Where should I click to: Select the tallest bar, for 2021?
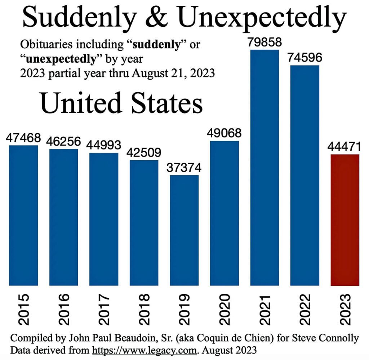pyautogui.click(x=264, y=167)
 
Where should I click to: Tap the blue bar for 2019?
pyautogui.click(x=184, y=230)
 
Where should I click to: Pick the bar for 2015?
pyautogui.click(x=23, y=215)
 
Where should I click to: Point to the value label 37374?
pyautogui.click(x=184, y=168)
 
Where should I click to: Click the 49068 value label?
pyautogui.click(x=224, y=133)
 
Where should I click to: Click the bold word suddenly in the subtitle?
pyautogui.click(x=157, y=45)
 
